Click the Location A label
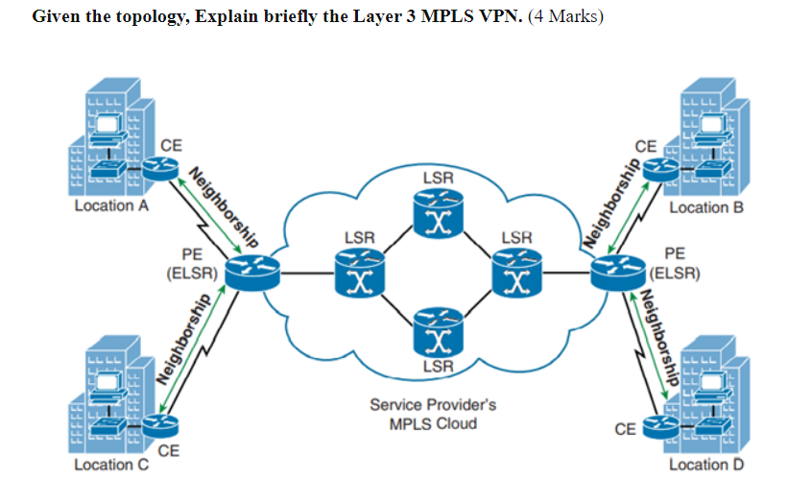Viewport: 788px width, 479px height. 107,205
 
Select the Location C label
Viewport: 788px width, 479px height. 107,465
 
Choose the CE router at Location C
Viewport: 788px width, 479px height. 163,423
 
